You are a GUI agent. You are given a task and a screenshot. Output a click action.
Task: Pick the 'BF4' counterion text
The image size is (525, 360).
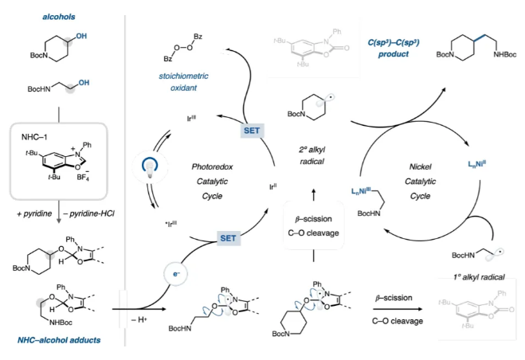pyautogui.click(x=77, y=170)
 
